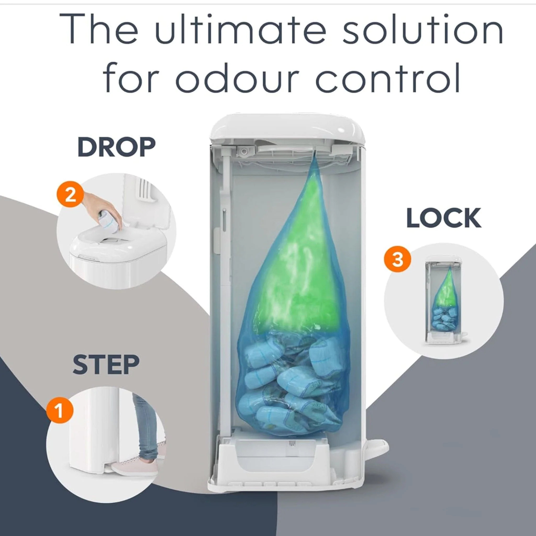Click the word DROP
[116, 147]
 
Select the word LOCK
[444, 218]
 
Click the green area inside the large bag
[294, 266]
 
